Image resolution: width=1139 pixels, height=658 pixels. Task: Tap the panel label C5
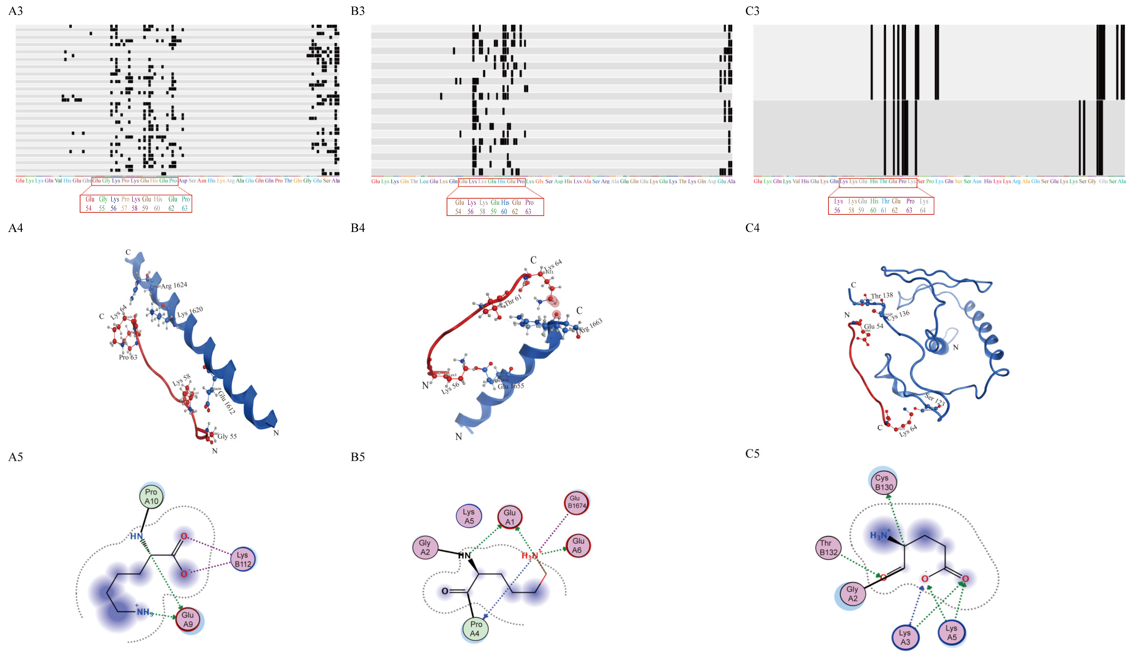[x=752, y=453]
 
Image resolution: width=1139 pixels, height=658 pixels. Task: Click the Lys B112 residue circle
[x=243, y=559]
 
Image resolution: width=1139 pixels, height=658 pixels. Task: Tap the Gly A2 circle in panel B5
[x=425, y=547]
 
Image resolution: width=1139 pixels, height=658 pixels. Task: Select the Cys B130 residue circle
[x=884, y=482]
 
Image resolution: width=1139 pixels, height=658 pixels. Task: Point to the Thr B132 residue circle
[x=828, y=547]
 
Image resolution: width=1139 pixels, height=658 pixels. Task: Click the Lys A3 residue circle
[x=905, y=637]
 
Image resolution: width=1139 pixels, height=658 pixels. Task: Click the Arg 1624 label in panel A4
[x=174, y=285]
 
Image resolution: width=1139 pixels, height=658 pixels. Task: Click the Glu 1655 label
[x=511, y=386]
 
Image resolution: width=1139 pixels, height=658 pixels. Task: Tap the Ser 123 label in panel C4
[x=934, y=400]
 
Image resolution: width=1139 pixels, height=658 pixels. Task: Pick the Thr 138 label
[x=882, y=295]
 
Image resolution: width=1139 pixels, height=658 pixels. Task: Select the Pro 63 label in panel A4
[x=128, y=357]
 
